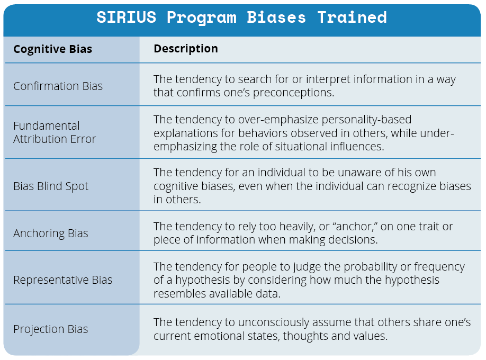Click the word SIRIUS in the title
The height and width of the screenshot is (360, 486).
click(x=126, y=17)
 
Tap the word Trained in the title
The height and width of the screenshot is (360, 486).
click(x=352, y=17)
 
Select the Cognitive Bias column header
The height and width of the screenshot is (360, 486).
click(x=53, y=49)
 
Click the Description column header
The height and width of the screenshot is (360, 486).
click(x=186, y=48)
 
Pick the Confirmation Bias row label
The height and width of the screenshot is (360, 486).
click(x=58, y=86)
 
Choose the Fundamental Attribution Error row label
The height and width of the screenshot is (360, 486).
click(x=55, y=132)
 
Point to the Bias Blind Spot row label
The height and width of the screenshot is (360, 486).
click(x=51, y=186)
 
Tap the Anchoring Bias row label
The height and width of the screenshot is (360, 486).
click(x=50, y=233)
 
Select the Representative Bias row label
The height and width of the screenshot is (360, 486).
click(x=62, y=280)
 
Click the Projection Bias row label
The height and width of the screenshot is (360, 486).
click(x=50, y=329)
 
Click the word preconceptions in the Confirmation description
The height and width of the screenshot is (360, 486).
click(x=293, y=93)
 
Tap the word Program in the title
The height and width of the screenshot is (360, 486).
click(x=202, y=17)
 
